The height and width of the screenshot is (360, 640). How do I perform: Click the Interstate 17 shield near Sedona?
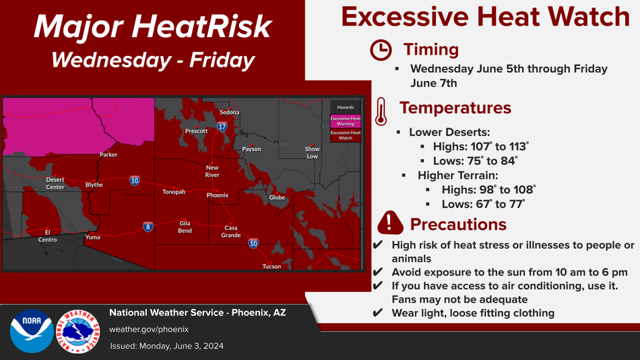(222, 126)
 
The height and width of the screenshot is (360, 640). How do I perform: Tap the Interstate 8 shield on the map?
(148, 227)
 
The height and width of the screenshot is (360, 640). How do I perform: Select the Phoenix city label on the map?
(218, 196)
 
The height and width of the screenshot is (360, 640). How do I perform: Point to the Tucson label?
(271, 266)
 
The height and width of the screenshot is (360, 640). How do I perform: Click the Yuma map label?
(93, 237)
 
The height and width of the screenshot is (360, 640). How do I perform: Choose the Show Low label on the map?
(312, 152)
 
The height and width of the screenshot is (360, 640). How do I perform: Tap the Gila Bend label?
(185, 227)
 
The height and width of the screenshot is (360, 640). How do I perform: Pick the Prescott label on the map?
(196, 131)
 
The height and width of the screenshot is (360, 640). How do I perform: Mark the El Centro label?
(47, 236)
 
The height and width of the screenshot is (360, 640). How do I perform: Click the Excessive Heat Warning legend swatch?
(346, 121)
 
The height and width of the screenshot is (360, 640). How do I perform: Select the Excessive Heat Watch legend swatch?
(346, 136)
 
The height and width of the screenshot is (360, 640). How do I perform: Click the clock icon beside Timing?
(381, 51)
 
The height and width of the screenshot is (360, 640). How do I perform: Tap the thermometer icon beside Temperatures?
(381, 111)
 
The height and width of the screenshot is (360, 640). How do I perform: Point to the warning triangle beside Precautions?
(390, 222)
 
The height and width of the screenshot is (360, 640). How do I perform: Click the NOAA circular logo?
(32, 331)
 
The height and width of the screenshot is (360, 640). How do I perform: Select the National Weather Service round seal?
(78, 331)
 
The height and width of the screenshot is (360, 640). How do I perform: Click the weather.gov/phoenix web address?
(149, 330)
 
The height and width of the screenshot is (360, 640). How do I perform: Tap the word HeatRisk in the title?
(201, 27)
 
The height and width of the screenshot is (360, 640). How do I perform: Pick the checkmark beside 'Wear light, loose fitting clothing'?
(377, 313)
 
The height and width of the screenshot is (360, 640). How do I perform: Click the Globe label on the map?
(277, 198)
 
